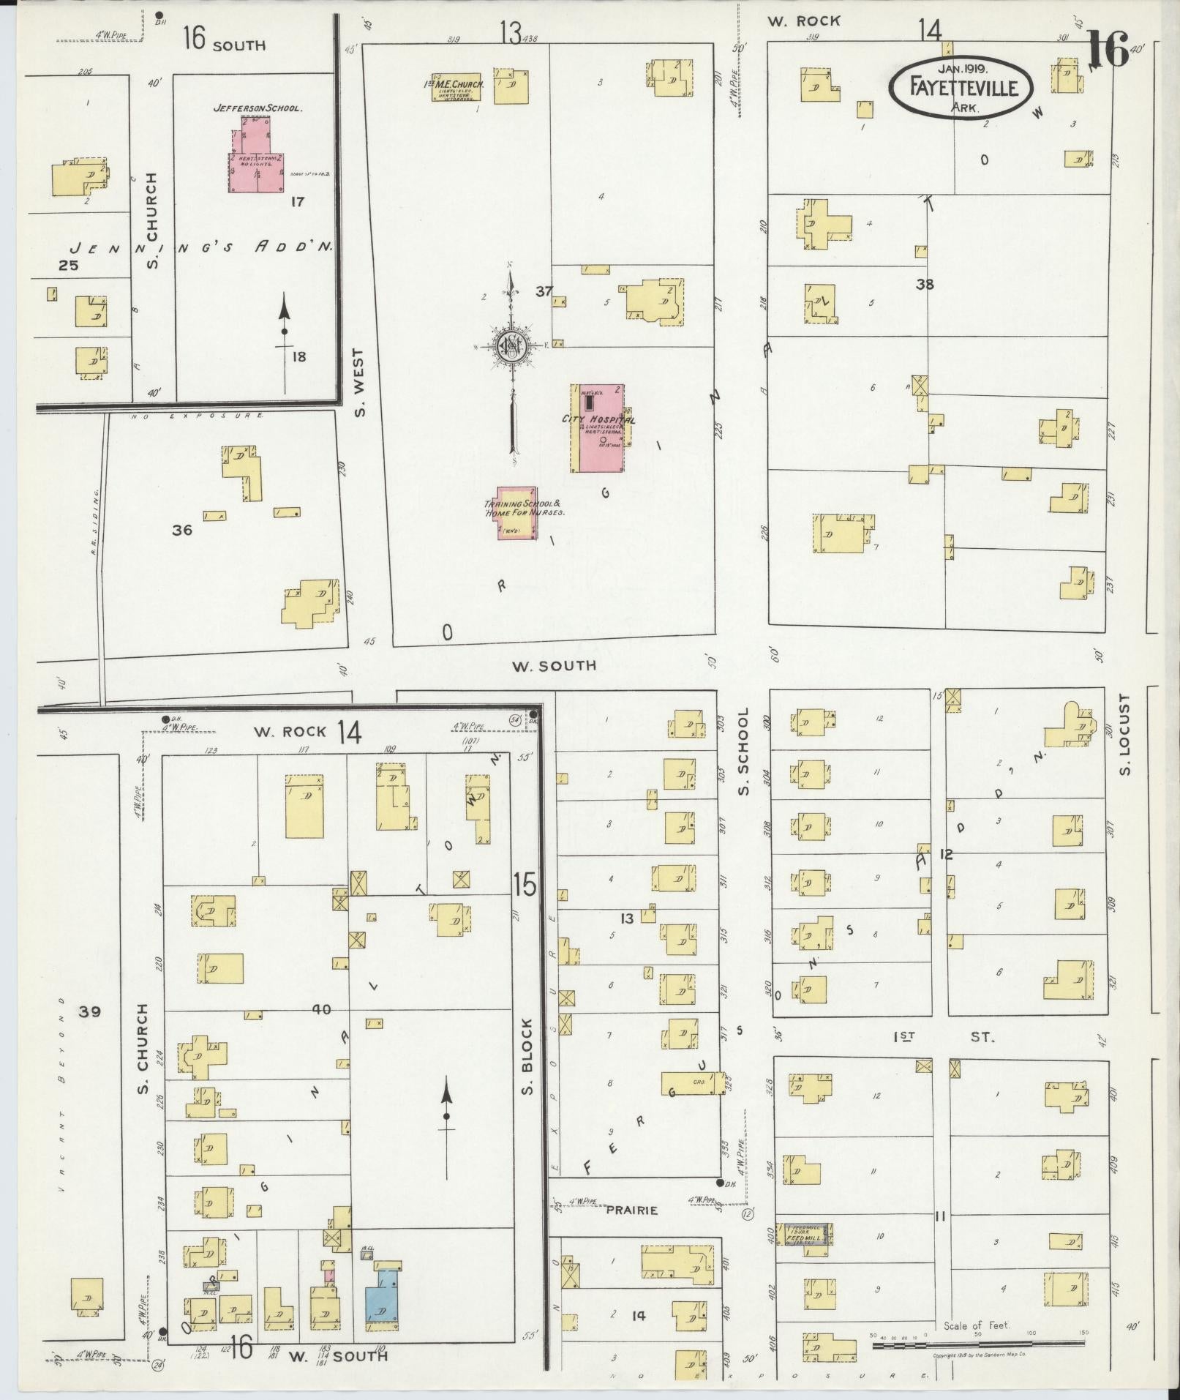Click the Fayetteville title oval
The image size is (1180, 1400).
coord(963,87)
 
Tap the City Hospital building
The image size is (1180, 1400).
coord(598,428)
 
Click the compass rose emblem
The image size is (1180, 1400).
coord(512,347)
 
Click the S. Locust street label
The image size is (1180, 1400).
coord(1125,735)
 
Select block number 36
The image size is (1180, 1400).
coord(182,530)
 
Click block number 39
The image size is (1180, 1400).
coord(90,1011)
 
